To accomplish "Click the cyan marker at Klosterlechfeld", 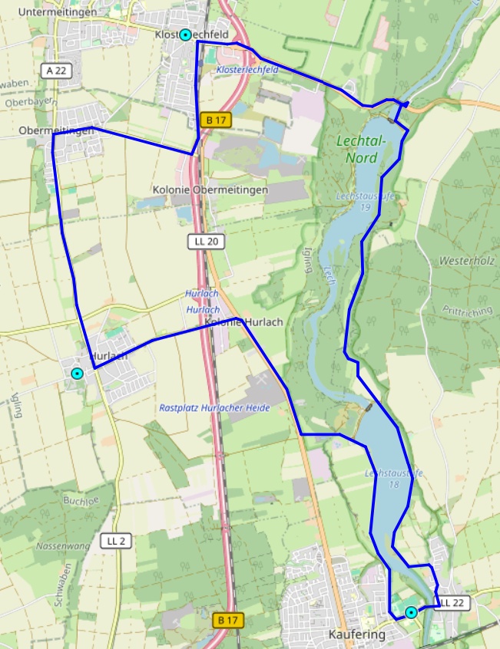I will tap(185, 35).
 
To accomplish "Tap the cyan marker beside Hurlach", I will tap(76, 374).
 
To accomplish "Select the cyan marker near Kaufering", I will tap(412, 612).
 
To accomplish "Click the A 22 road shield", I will tap(56, 71).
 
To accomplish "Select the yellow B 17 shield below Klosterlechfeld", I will tap(214, 120).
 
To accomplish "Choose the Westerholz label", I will tap(467, 261).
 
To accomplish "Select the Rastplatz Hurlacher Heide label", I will tap(215, 408).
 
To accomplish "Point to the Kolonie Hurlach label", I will tap(244, 322).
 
